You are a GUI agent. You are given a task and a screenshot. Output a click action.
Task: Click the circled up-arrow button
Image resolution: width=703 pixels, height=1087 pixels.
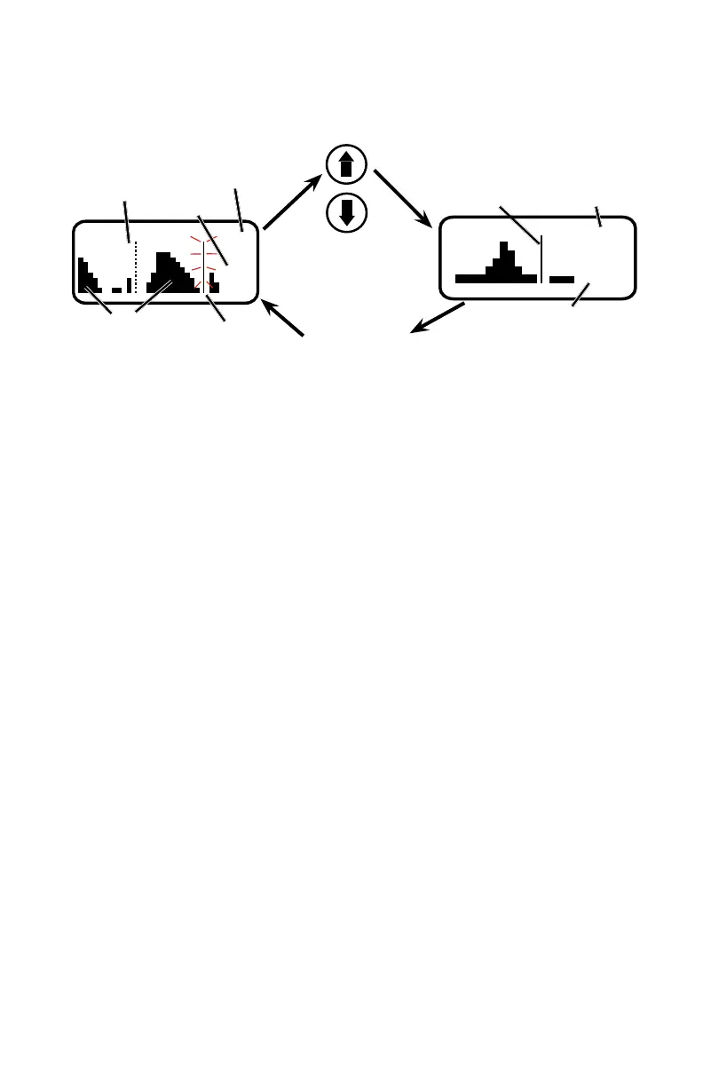(347, 164)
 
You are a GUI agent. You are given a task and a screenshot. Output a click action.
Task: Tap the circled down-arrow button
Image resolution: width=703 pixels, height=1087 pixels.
(347, 211)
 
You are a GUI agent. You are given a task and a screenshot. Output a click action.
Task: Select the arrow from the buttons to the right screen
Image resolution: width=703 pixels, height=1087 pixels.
(402, 197)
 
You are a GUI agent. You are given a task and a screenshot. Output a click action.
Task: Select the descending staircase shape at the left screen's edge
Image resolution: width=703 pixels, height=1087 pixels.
(87, 277)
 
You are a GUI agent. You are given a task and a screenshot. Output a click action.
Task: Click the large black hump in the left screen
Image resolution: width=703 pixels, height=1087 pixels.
(170, 274)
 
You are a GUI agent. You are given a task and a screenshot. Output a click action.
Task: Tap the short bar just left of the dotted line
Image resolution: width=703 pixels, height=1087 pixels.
(129, 285)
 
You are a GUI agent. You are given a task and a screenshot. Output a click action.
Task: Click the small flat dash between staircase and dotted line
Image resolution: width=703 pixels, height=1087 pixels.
(116, 290)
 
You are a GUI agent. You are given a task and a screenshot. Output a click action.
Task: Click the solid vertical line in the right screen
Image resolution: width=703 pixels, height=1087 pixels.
(541, 258)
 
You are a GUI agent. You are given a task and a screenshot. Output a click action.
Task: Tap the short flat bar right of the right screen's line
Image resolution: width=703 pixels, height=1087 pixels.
(562, 279)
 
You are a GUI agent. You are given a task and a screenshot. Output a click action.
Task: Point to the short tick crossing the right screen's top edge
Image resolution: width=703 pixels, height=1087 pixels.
(598, 217)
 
